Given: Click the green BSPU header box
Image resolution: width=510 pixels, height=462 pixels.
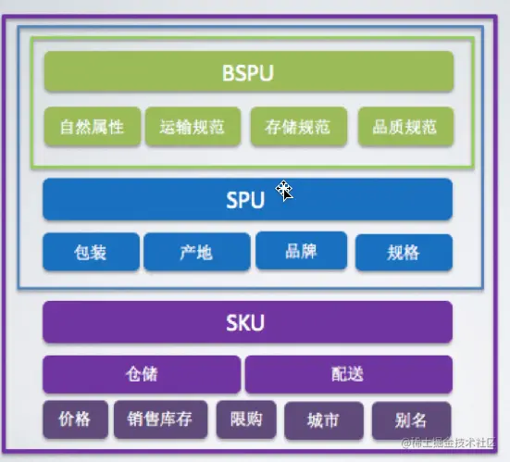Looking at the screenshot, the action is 249,71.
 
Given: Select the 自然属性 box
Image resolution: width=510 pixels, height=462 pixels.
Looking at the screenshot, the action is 93,126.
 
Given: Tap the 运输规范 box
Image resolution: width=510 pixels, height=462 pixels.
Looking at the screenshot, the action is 193,126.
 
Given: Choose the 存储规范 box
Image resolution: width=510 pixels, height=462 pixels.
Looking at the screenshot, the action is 299,126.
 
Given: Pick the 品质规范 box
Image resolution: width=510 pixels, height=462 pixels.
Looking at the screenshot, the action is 405,126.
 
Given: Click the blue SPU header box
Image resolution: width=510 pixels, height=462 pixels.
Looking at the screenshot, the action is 247,199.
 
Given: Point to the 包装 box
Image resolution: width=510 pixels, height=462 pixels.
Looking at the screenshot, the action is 91,252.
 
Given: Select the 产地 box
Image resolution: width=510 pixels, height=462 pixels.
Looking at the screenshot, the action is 197,252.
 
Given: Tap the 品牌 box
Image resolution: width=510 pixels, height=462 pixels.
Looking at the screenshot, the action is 301,251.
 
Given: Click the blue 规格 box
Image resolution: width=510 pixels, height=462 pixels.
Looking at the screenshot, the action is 404,252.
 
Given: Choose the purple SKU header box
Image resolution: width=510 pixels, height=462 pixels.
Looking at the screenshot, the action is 247,322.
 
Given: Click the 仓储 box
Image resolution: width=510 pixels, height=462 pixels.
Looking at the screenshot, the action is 142,374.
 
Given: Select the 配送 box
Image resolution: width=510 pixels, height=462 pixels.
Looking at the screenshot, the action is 349,374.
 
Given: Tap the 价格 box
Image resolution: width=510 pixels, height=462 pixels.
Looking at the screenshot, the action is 76,419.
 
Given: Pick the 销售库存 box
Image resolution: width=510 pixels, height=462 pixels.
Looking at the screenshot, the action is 161,419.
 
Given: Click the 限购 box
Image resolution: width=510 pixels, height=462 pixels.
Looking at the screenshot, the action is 246,419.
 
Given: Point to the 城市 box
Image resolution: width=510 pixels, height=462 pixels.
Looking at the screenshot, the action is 324,420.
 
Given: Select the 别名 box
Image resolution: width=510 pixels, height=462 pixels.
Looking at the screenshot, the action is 412,420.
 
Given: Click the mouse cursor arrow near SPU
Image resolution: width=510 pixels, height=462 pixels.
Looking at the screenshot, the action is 284,191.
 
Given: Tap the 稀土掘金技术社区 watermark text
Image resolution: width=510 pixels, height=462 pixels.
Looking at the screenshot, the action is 449,443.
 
